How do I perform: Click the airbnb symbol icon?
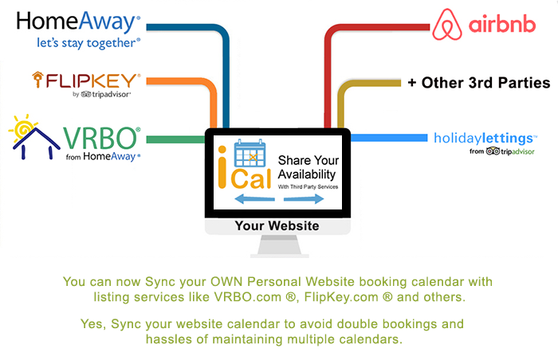[447, 25]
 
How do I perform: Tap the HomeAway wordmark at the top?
[78, 22]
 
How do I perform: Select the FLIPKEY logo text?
[86, 80]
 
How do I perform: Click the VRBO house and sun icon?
[33, 137]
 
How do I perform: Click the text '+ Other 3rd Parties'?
[479, 83]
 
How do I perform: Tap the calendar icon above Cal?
[250, 153]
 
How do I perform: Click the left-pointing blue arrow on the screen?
[255, 198]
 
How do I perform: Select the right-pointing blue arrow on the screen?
[304, 198]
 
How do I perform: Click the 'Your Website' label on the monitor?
[277, 225]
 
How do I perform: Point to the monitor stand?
[279, 246]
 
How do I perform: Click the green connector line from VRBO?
[176, 139]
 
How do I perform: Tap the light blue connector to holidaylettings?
[389, 138]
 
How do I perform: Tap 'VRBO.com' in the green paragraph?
[248, 297]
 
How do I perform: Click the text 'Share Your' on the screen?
[308, 160]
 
